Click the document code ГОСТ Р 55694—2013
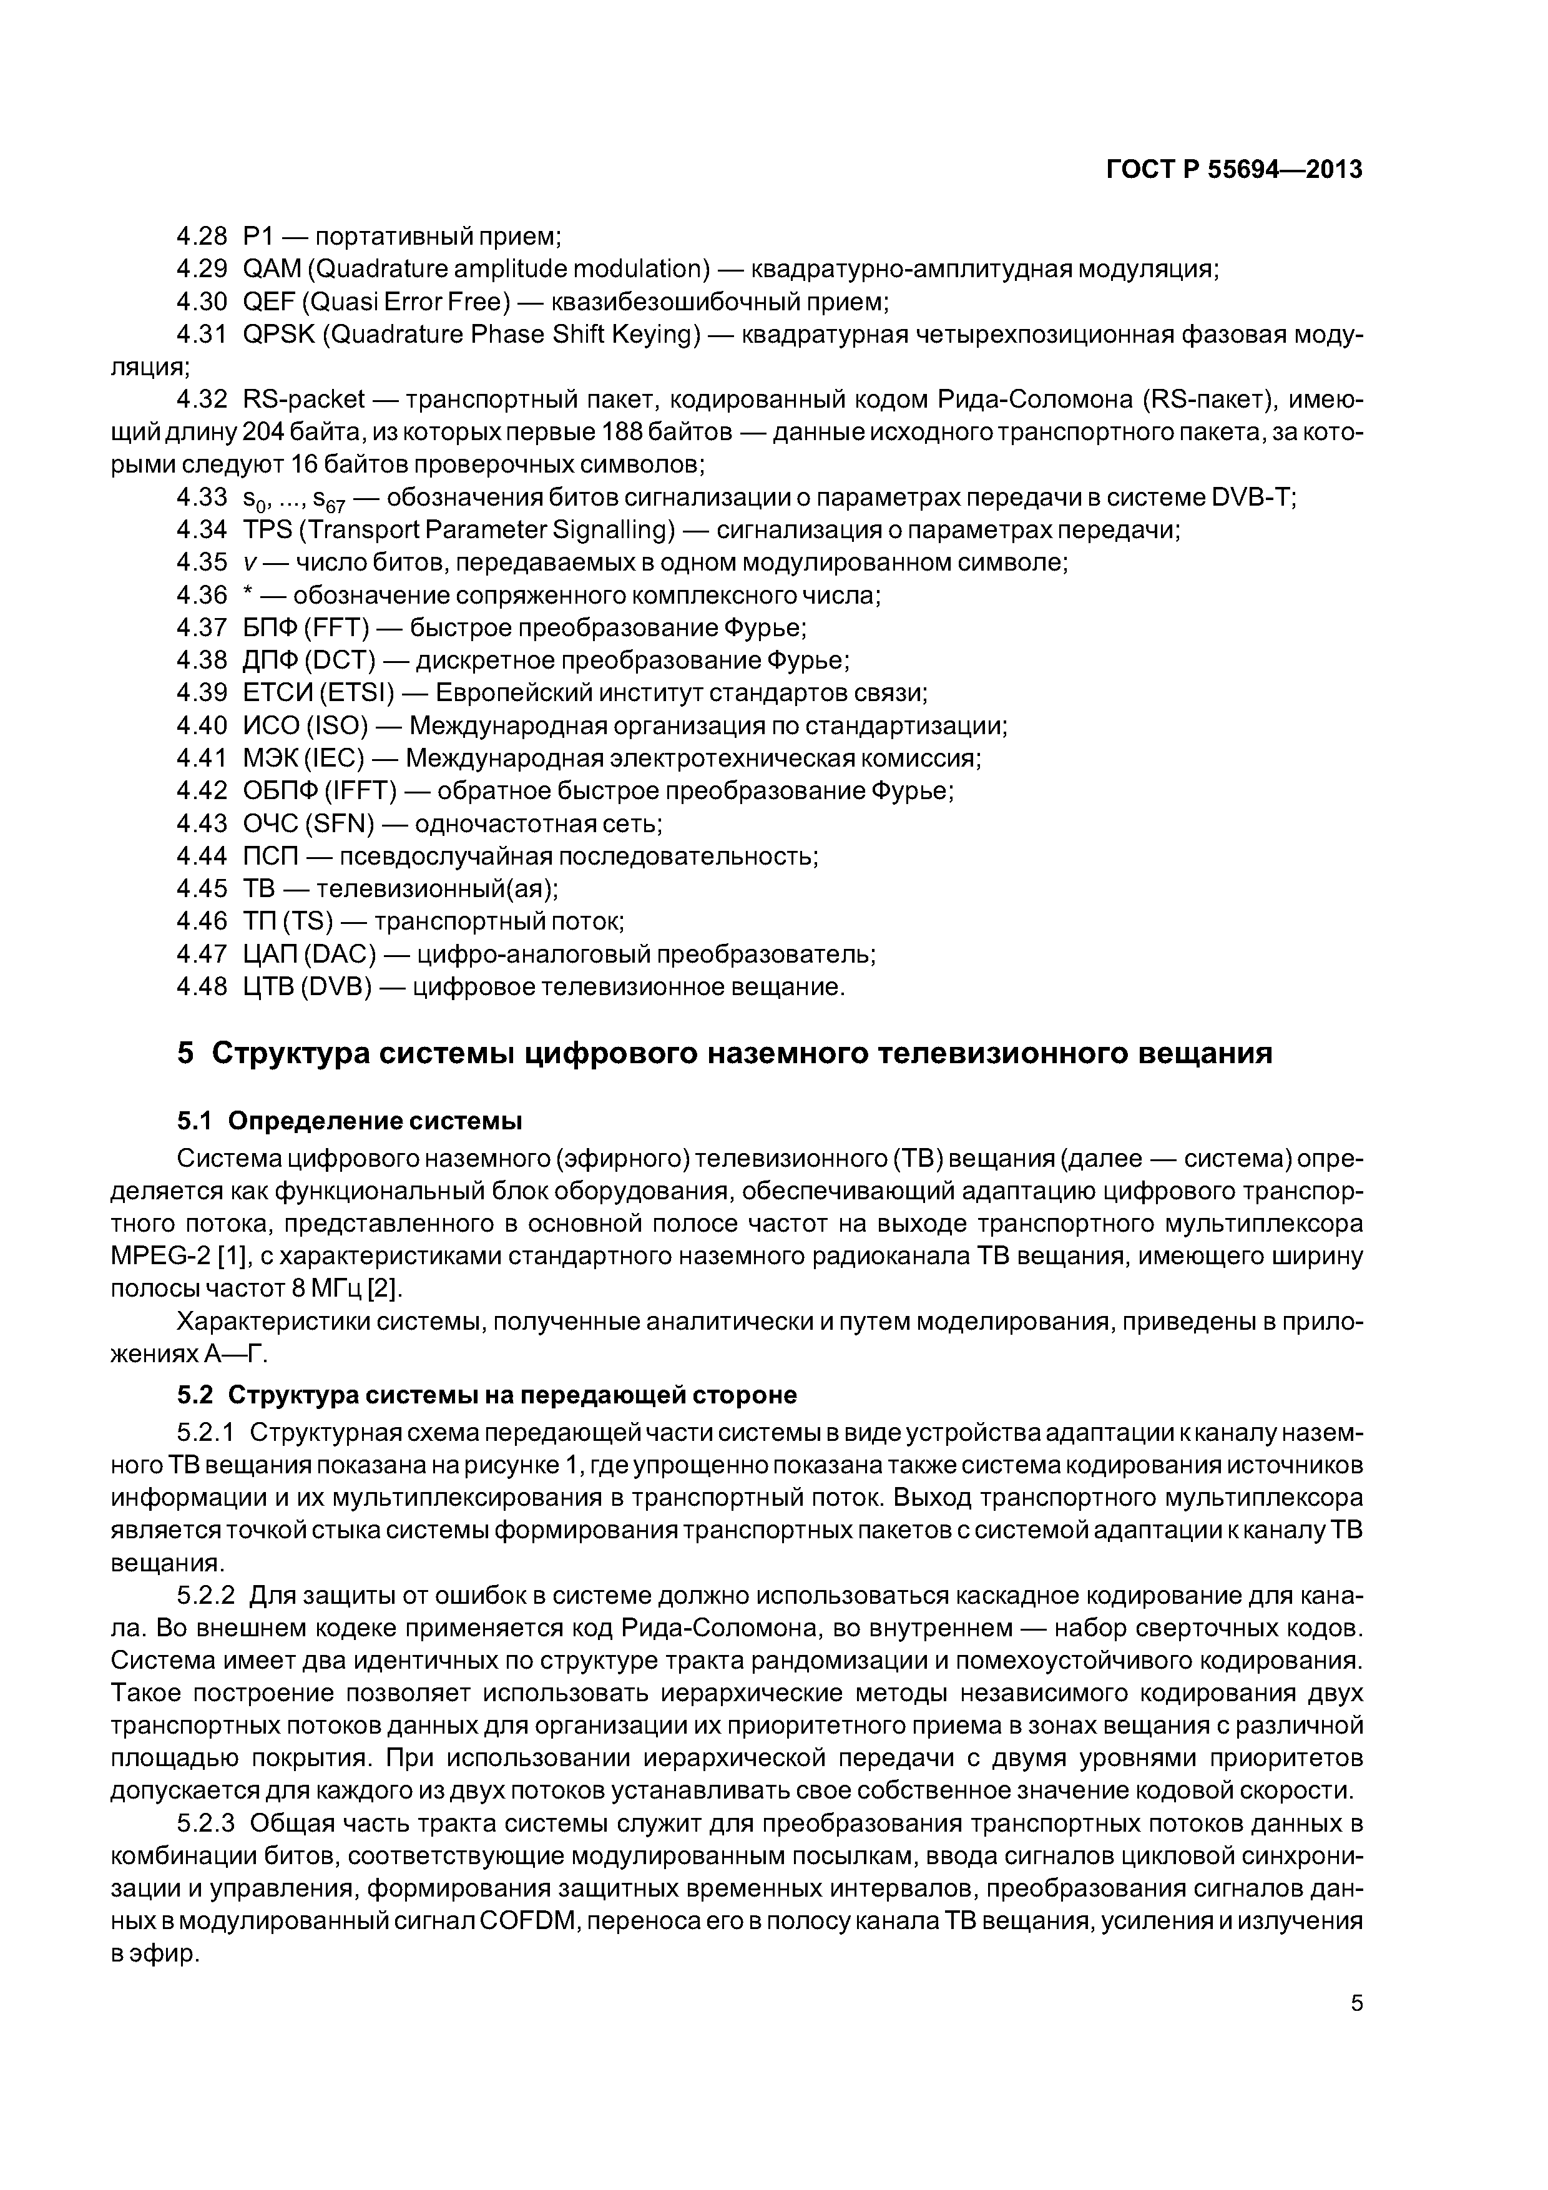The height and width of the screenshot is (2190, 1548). point(1233,170)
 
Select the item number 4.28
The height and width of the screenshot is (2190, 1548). point(201,235)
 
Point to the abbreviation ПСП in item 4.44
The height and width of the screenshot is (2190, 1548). point(271,856)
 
